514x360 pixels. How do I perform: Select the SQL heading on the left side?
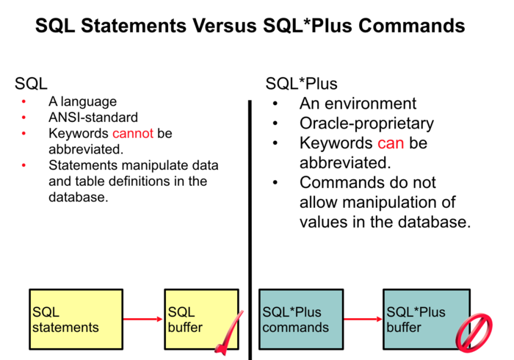click(31, 83)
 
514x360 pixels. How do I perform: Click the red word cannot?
click(131, 134)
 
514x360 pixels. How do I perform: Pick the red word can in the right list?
click(391, 143)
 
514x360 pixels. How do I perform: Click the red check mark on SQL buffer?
click(229, 334)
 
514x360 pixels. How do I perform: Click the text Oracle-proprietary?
click(366, 123)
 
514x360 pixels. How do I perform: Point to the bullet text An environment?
click(358, 104)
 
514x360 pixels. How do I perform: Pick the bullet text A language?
click(82, 101)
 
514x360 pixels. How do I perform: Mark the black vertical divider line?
click(250, 220)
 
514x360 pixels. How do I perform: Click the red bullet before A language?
click(24, 101)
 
